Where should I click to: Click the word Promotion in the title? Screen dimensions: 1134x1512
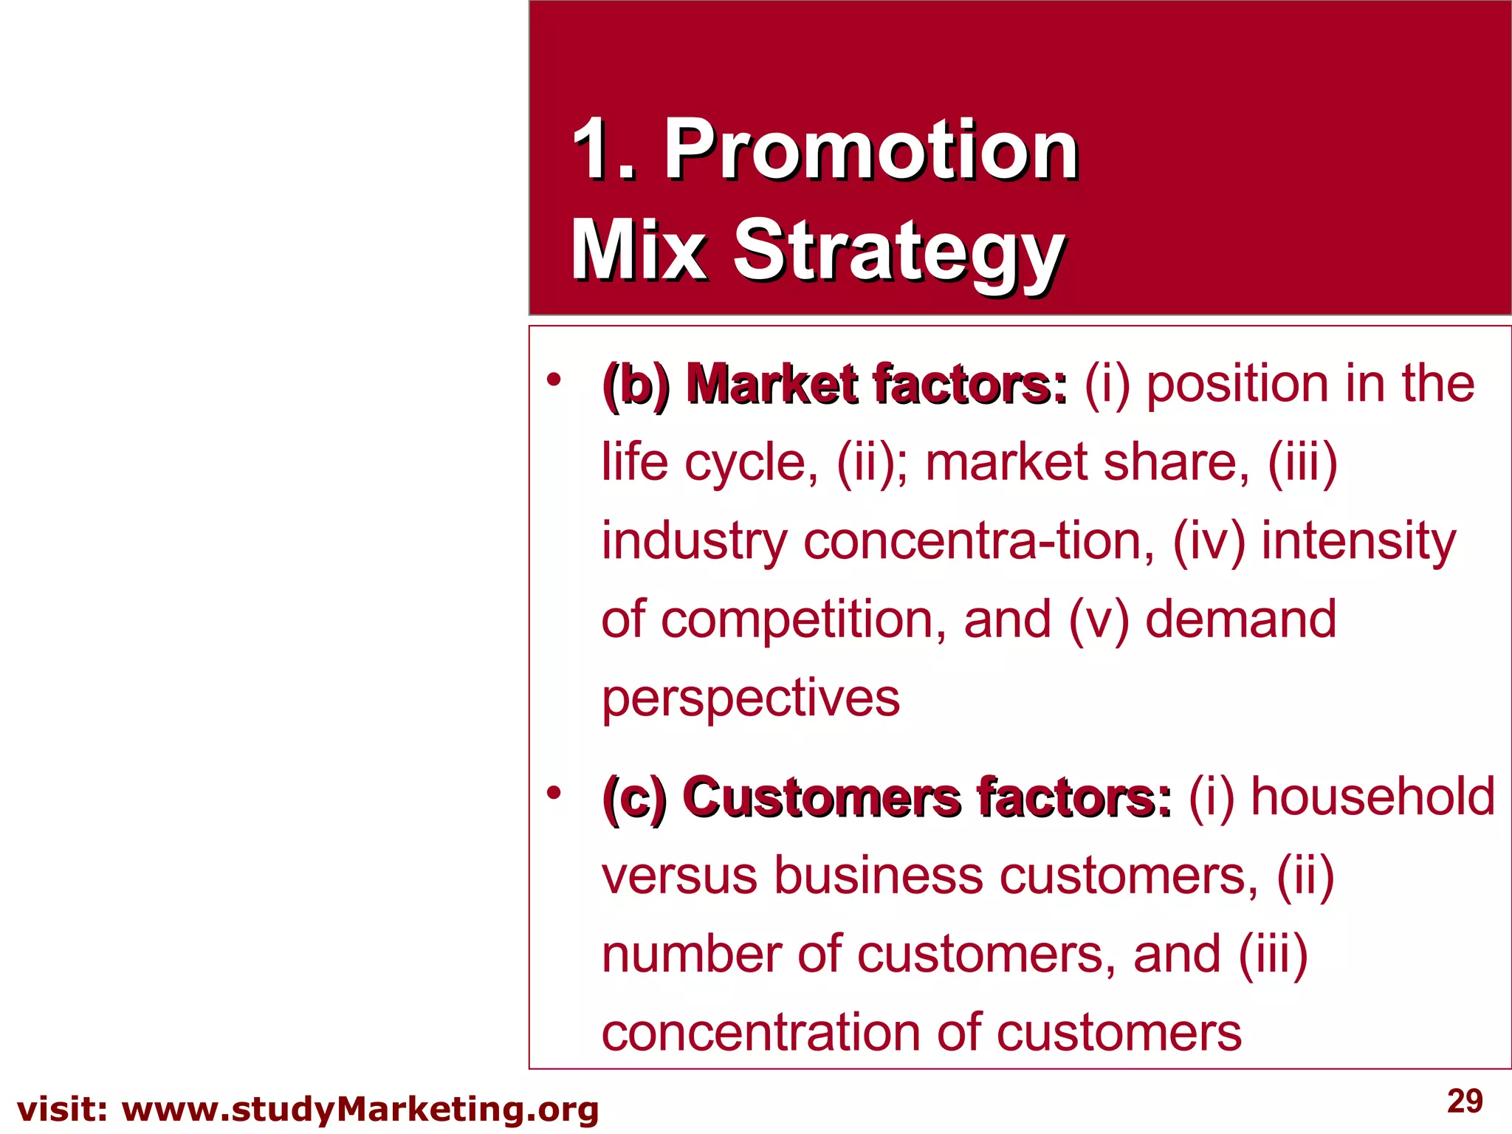tap(871, 151)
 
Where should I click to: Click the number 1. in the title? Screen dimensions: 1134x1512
tap(604, 151)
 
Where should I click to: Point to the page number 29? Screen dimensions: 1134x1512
tap(1465, 1101)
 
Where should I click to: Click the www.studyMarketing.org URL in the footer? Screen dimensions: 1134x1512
tap(360, 1110)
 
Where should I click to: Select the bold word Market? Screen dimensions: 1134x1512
tap(772, 385)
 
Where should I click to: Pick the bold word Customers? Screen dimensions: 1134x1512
tap(822, 798)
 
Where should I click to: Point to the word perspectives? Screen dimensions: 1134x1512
tap(751, 698)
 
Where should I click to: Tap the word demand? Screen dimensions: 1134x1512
tap(1240, 619)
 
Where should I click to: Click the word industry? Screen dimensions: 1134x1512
tap(694, 542)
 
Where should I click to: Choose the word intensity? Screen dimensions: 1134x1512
tap(1358, 542)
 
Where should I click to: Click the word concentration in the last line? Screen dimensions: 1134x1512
tap(760, 1033)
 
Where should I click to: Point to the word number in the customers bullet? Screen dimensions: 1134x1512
tap(691, 955)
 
